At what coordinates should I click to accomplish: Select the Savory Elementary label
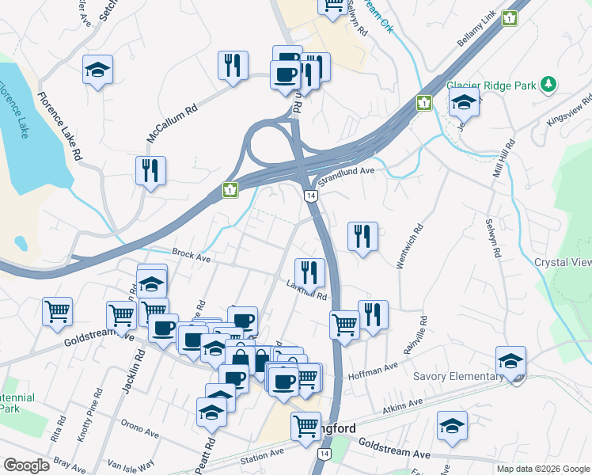tap(453, 376)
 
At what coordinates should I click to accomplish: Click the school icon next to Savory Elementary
tap(511, 361)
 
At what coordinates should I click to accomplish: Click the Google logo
tap(27, 465)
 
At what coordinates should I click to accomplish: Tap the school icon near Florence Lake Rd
tap(98, 70)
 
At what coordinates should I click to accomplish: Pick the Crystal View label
tap(563, 263)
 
